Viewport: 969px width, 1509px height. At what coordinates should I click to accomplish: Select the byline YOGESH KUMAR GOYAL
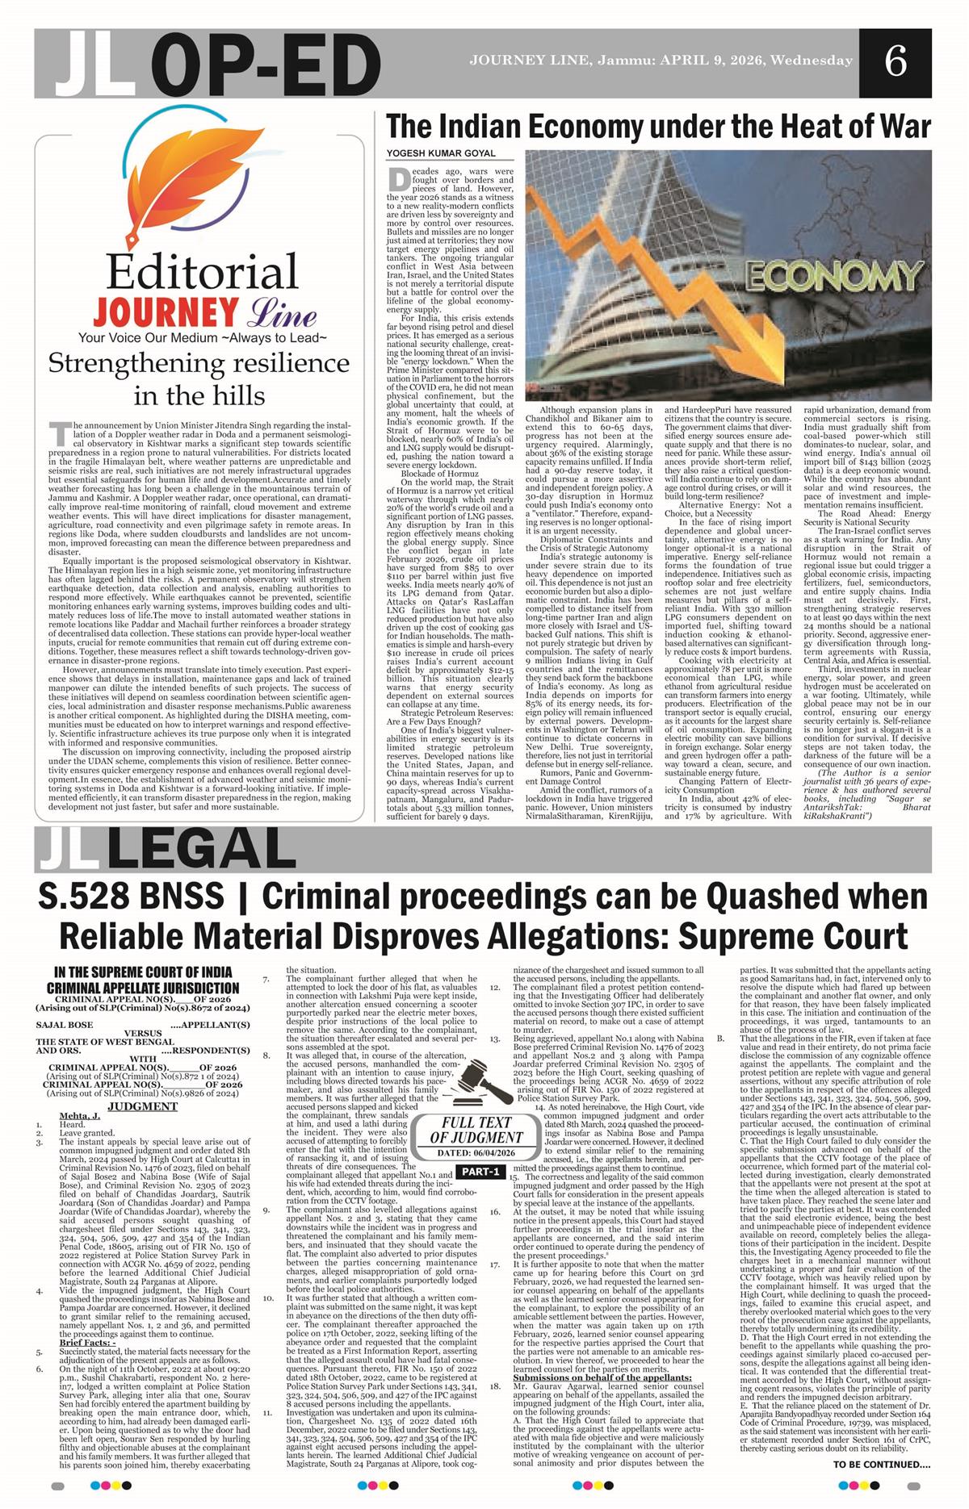click(x=441, y=153)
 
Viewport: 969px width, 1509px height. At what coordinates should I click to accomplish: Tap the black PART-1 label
click(x=478, y=1172)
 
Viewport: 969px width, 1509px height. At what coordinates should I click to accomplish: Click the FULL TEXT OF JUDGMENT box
click(x=476, y=1130)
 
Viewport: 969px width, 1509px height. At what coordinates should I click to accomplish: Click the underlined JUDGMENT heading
click(x=142, y=1106)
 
